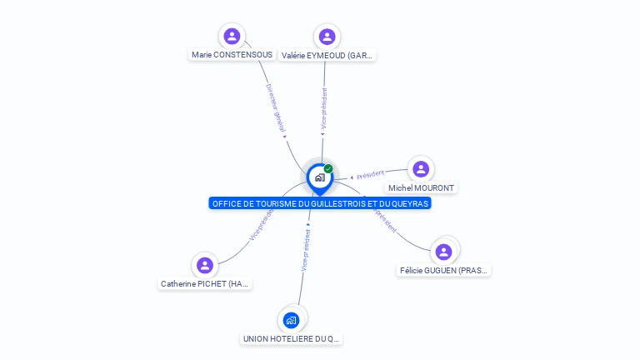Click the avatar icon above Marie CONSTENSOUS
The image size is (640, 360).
(x=232, y=36)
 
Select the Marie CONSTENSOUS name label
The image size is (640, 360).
(x=232, y=55)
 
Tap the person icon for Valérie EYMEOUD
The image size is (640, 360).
(x=327, y=36)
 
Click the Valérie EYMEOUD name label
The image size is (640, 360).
(x=327, y=56)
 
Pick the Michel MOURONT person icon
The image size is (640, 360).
(x=421, y=169)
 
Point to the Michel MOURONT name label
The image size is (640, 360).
(x=421, y=188)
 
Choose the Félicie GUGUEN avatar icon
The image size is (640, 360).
(x=443, y=251)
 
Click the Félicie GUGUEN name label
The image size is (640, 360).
(x=443, y=270)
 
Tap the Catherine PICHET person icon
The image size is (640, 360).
(x=205, y=265)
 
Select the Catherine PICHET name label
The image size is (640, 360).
(x=205, y=284)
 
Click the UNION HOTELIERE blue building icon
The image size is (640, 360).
(x=291, y=319)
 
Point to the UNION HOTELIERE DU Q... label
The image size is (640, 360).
(x=291, y=339)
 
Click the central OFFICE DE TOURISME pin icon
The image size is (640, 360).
(x=319, y=177)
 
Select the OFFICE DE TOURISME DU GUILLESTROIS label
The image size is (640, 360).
(x=320, y=203)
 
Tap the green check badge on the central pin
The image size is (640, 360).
(x=328, y=168)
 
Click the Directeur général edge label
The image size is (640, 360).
(x=275, y=109)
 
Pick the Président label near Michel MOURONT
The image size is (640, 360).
(x=370, y=174)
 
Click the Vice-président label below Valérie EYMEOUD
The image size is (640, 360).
(x=323, y=107)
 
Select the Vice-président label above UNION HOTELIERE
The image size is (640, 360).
(x=305, y=250)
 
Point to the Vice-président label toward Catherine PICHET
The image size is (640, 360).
(x=261, y=225)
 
